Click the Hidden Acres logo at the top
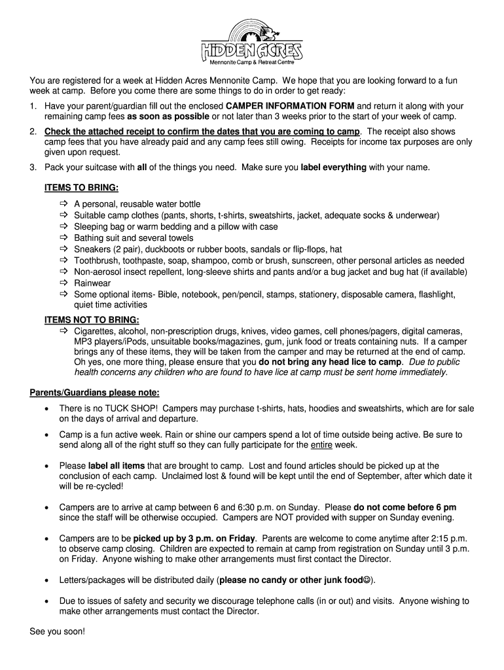251,42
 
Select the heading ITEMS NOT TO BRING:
92,320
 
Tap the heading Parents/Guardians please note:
94,393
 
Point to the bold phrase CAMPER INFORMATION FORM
290,106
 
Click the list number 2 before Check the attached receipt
33,132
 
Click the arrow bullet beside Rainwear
64,283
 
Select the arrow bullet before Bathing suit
64,238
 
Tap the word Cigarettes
96,331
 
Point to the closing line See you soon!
58,632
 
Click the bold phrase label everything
333,167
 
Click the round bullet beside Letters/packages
45,580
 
